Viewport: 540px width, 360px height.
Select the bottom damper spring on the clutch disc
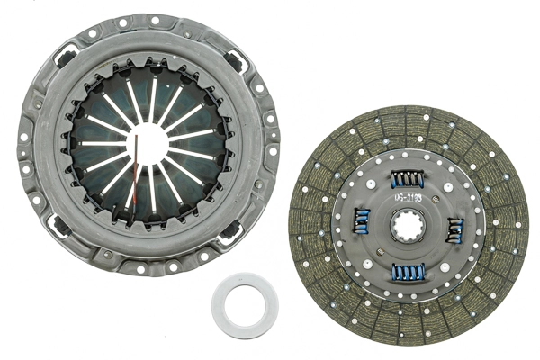409,272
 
